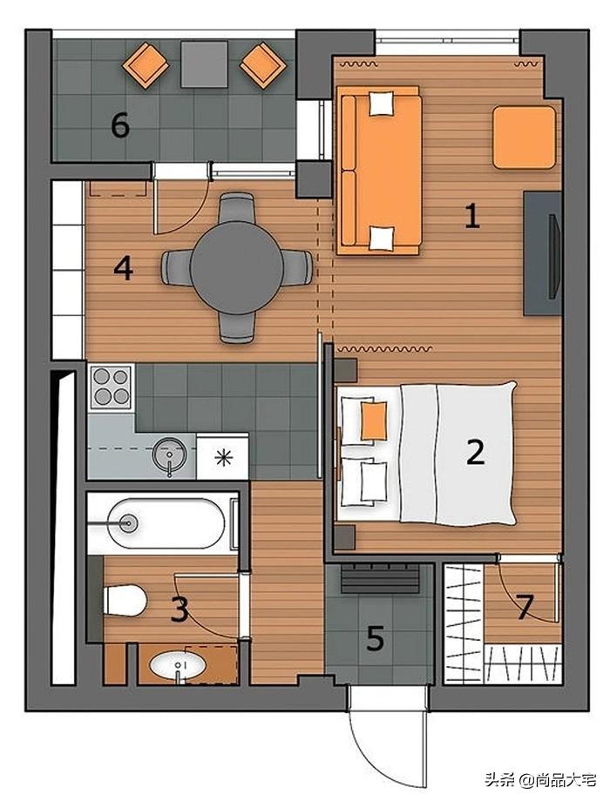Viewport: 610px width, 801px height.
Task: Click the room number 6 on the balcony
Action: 120,125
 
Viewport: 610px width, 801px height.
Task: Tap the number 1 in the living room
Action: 472,216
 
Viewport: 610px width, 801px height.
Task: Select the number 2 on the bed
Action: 475,452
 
